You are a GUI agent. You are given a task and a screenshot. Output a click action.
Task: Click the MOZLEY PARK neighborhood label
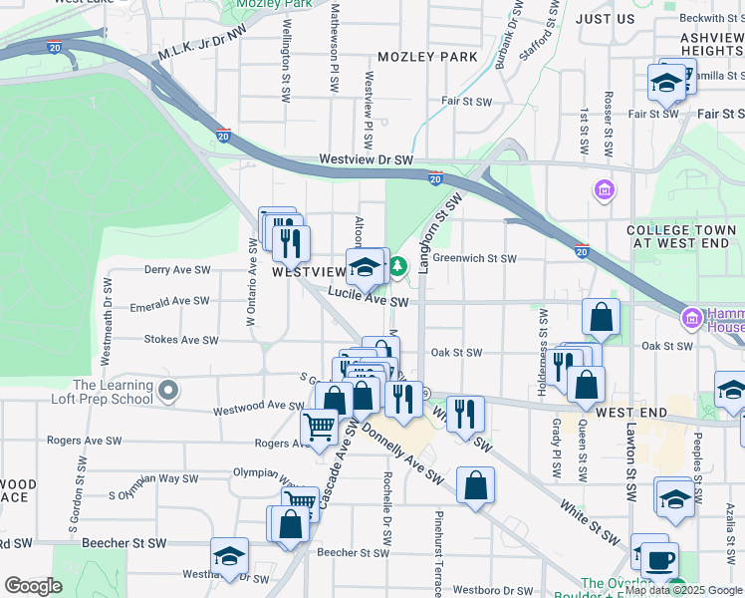[x=426, y=57]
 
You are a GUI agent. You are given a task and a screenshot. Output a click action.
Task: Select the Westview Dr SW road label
[x=366, y=159]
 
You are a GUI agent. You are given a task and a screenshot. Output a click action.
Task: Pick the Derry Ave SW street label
[x=177, y=269]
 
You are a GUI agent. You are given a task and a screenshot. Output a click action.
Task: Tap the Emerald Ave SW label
[x=169, y=301]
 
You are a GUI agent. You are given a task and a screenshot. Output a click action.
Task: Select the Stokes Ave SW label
[x=181, y=340]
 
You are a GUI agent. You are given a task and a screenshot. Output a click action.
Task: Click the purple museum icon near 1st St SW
[x=603, y=189]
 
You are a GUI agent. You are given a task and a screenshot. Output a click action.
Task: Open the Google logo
[x=33, y=586]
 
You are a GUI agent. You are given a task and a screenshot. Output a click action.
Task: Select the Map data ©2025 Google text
[x=682, y=590]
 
